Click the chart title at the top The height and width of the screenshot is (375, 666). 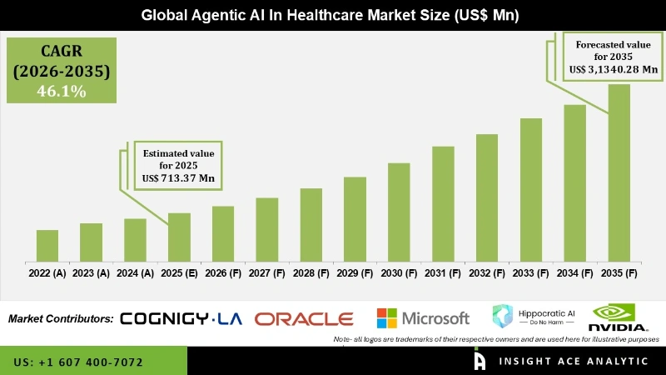(x=333, y=14)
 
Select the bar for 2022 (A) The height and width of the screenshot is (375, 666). (x=47, y=245)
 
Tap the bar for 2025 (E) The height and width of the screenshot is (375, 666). (x=179, y=237)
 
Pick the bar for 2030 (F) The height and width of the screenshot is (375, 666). (x=399, y=212)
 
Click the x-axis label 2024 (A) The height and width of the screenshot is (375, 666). (x=135, y=272)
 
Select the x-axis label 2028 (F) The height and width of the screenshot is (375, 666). (x=311, y=272)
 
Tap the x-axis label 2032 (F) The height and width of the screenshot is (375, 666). (x=487, y=272)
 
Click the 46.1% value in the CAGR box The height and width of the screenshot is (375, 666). (x=61, y=91)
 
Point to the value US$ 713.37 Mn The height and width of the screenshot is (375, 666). (x=178, y=178)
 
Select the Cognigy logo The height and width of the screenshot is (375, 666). (x=180, y=318)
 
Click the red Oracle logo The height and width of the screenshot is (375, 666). (x=304, y=318)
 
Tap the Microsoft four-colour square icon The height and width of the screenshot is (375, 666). (x=386, y=318)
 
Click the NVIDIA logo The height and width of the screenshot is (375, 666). (x=619, y=317)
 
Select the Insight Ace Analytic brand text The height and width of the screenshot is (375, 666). (x=574, y=361)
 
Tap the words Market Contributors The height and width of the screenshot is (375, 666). (x=61, y=318)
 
